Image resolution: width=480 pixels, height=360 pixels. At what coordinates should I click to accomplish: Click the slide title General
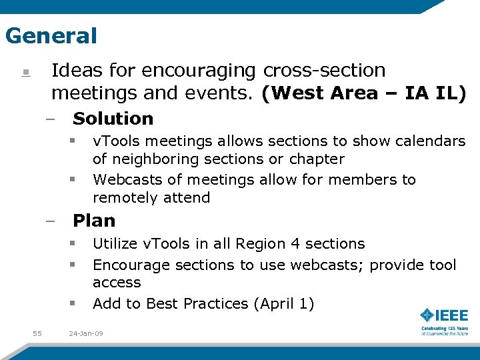pos(51,35)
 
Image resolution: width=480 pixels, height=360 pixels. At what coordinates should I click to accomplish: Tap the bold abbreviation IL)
pos(450,93)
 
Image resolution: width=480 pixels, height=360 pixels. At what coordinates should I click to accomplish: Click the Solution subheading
pos(113,119)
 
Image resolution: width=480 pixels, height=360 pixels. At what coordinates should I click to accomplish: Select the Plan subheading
pos(94,221)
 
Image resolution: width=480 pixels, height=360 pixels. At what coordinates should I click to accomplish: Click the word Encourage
pos(131,265)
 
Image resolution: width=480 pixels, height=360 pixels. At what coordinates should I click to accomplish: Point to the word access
pos(117,283)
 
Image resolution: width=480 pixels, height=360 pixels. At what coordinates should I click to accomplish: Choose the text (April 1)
pos(283,304)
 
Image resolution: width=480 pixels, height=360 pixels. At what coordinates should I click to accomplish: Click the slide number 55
pos(37,333)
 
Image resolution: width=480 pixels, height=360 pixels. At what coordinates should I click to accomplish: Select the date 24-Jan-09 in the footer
pos(87,333)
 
